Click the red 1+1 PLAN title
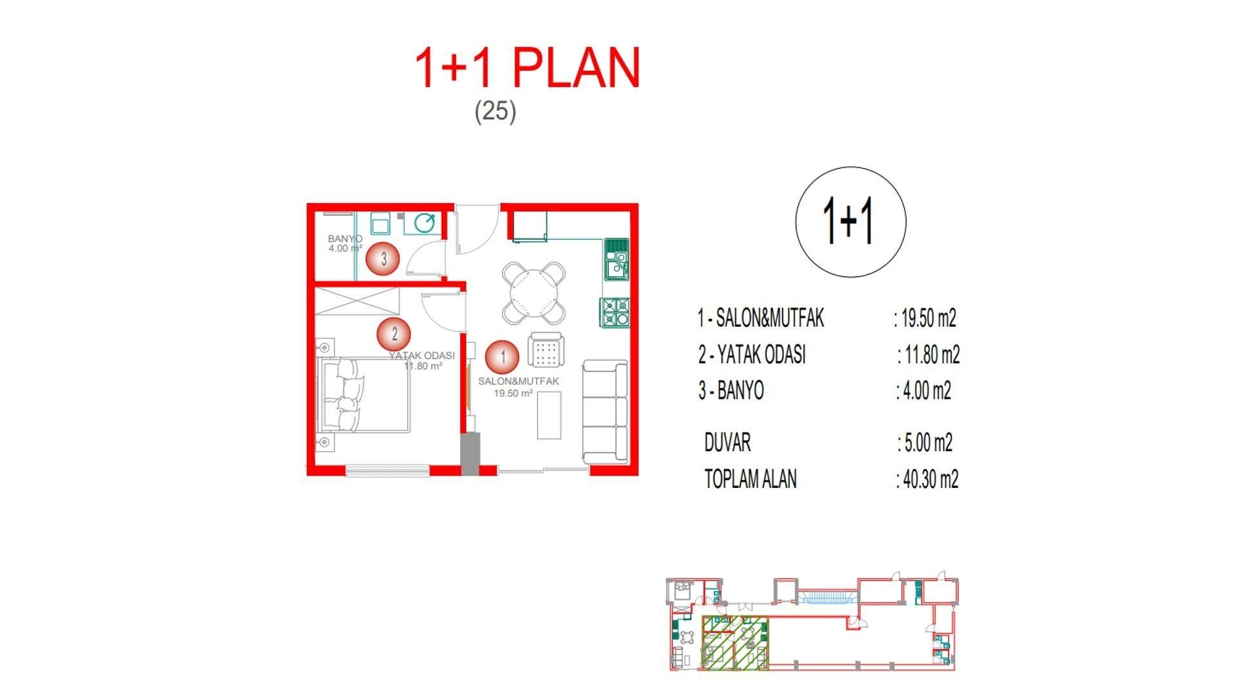point(527,68)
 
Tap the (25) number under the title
point(495,111)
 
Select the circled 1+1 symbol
point(850,222)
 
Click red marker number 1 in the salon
point(503,356)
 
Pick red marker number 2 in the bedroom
point(394,334)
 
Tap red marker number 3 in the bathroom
point(383,259)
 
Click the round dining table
point(534,293)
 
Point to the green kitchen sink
point(616,258)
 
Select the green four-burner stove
point(616,312)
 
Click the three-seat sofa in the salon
point(605,411)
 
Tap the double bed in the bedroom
point(364,395)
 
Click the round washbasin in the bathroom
point(424,224)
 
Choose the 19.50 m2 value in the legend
point(925,318)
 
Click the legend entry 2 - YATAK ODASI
point(752,354)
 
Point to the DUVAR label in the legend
point(727,443)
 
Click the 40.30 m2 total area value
point(927,479)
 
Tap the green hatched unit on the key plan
point(735,643)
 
